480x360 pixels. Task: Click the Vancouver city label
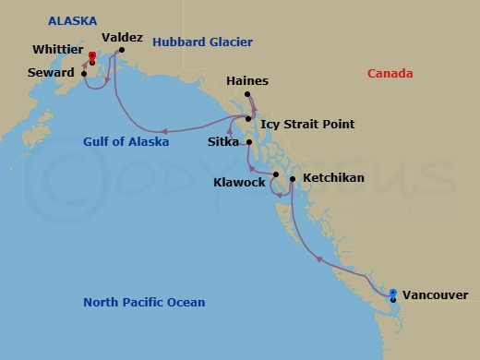coord(435,295)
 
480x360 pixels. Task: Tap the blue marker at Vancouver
coord(393,294)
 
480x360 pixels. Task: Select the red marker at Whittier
coord(91,56)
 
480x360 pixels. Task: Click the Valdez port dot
coord(121,51)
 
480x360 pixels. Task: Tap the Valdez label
coord(122,38)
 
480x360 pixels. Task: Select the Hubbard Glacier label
coord(202,42)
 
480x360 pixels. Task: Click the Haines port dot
coord(250,95)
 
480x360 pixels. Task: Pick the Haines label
coord(247,81)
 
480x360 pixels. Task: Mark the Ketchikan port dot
coord(292,179)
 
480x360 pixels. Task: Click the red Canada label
coord(390,74)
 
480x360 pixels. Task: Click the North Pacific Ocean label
coord(144,303)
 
